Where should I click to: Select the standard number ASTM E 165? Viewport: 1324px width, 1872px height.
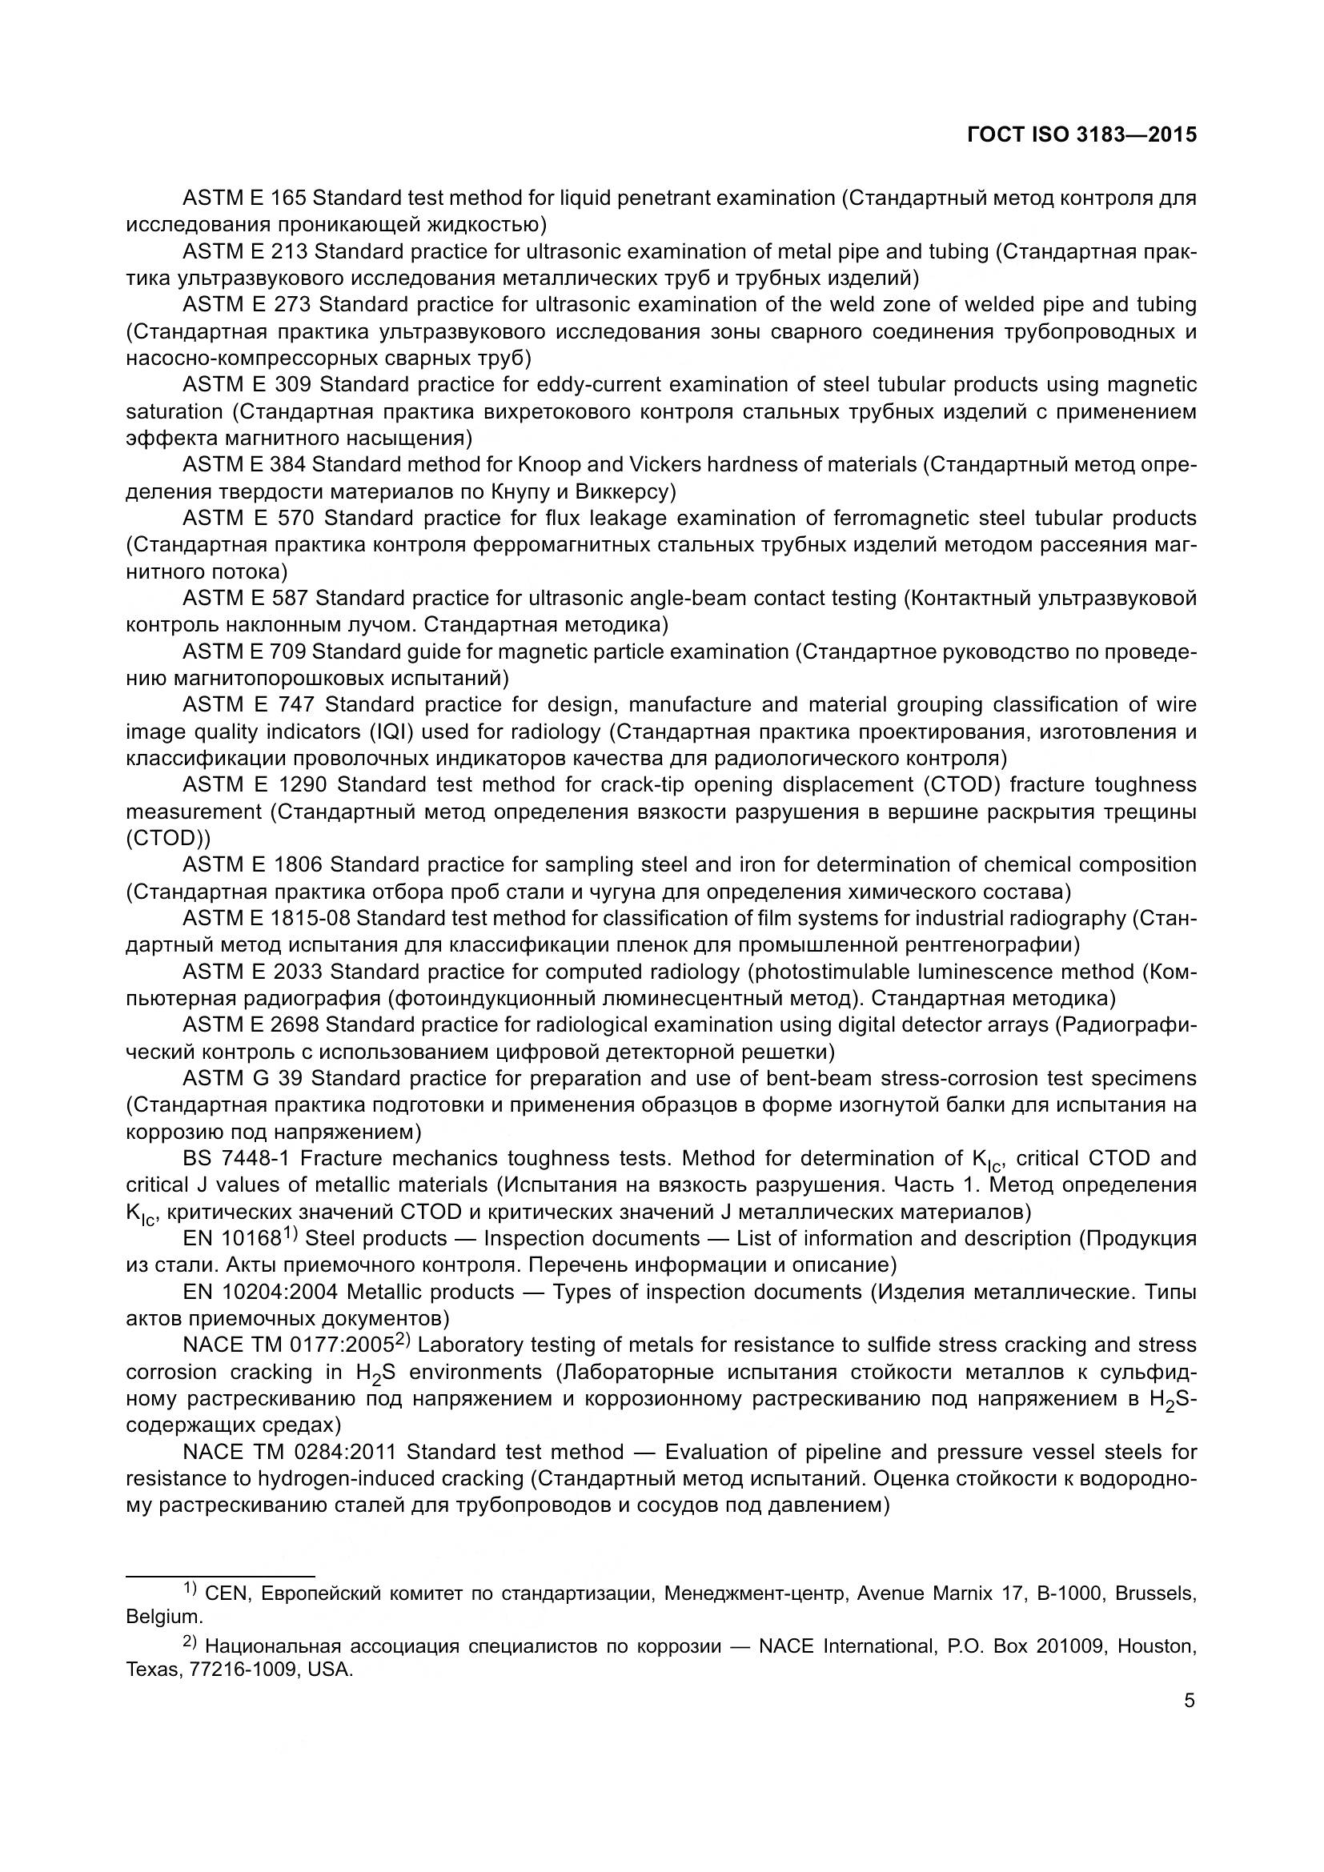click(x=244, y=198)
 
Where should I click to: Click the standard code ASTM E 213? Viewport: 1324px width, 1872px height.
click(x=245, y=251)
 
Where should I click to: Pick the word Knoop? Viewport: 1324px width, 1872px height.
click(x=548, y=465)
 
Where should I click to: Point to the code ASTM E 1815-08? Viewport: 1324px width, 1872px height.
click(x=267, y=918)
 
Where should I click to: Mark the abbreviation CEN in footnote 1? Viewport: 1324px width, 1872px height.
click(x=227, y=1593)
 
